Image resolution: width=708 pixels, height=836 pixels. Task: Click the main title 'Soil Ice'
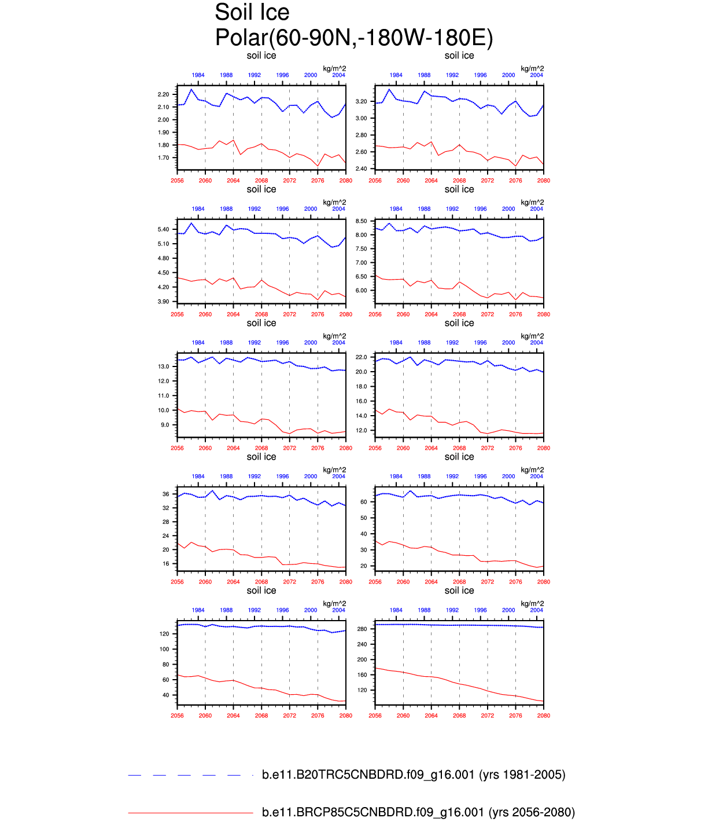point(252,13)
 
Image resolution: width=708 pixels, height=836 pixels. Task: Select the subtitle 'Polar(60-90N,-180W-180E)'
point(354,38)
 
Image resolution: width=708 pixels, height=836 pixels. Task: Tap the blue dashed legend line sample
point(190,775)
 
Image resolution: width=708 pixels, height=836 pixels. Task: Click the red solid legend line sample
point(190,813)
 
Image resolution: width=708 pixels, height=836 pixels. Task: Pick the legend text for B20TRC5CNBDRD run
point(414,775)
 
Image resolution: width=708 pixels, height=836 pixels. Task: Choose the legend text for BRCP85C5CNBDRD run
point(418,812)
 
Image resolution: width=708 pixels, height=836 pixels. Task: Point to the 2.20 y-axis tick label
point(163,94)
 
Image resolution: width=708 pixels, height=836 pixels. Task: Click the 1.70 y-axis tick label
point(163,158)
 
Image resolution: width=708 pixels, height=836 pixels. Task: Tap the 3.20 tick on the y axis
point(361,101)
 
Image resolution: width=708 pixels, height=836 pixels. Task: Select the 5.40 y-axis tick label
point(163,230)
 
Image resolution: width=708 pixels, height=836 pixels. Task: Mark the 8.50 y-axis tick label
point(361,221)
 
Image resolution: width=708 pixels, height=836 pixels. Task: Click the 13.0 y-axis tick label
point(163,367)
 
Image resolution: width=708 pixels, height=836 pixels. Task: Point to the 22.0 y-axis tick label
point(361,357)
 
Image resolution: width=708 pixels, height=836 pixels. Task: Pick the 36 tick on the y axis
point(166,494)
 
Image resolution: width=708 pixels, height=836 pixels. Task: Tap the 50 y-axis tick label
point(364,518)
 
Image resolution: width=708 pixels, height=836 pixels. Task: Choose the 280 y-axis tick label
point(362,629)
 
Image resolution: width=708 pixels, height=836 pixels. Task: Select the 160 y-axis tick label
point(362,675)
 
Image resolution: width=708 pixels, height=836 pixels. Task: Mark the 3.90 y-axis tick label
point(163,302)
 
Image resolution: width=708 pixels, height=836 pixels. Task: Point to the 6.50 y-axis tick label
point(361,277)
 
